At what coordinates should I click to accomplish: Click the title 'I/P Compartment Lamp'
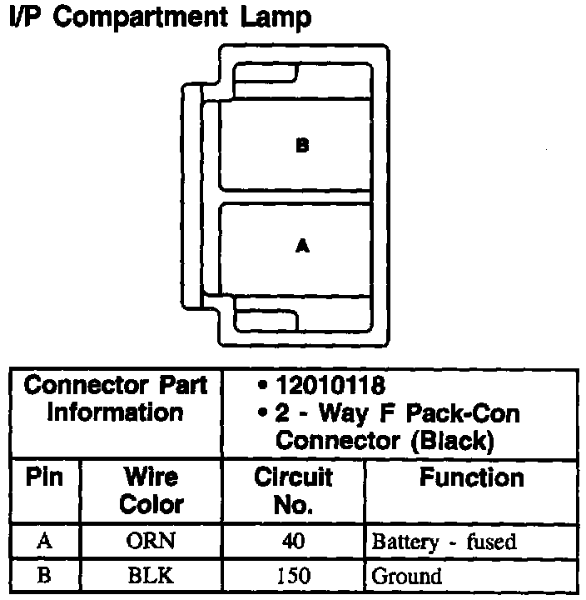point(158,18)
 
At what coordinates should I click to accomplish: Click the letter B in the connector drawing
point(302,146)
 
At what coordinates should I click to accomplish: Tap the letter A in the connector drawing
point(302,246)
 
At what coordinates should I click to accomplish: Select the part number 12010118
point(330,386)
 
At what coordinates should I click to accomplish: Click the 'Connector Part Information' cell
point(116,399)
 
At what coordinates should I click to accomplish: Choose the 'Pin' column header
point(45,477)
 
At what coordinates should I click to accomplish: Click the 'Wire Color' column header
point(151,491)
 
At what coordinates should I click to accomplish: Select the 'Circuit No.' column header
point(293,491)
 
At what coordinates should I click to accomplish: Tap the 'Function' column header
point(471,477)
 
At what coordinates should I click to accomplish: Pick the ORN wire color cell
point(151,542)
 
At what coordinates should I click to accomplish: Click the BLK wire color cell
point(151,575)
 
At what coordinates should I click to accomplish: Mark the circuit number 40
point(293,542)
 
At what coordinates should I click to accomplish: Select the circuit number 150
point(293,575)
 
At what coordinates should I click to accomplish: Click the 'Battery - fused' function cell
point(444,542)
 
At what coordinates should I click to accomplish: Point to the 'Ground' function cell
point(406,575)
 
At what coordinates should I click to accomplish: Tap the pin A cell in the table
point(45,542)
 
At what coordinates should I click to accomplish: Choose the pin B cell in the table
point(45,575)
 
